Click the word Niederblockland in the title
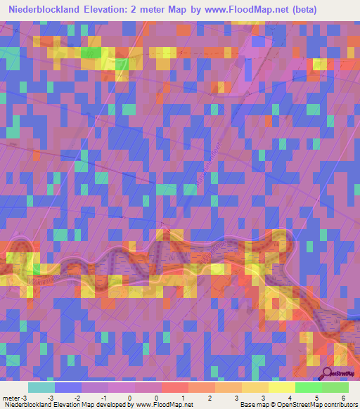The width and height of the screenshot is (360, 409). [x=50, y=10]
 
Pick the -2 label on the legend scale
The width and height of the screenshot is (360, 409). [x=77, y=397]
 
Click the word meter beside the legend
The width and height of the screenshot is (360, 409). [x=11, y=397]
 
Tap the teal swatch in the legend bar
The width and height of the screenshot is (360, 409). [x=41, y=387]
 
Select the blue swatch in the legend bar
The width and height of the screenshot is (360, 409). [x=67, y=387]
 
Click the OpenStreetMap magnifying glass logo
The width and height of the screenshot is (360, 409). [x=328, y=373]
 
